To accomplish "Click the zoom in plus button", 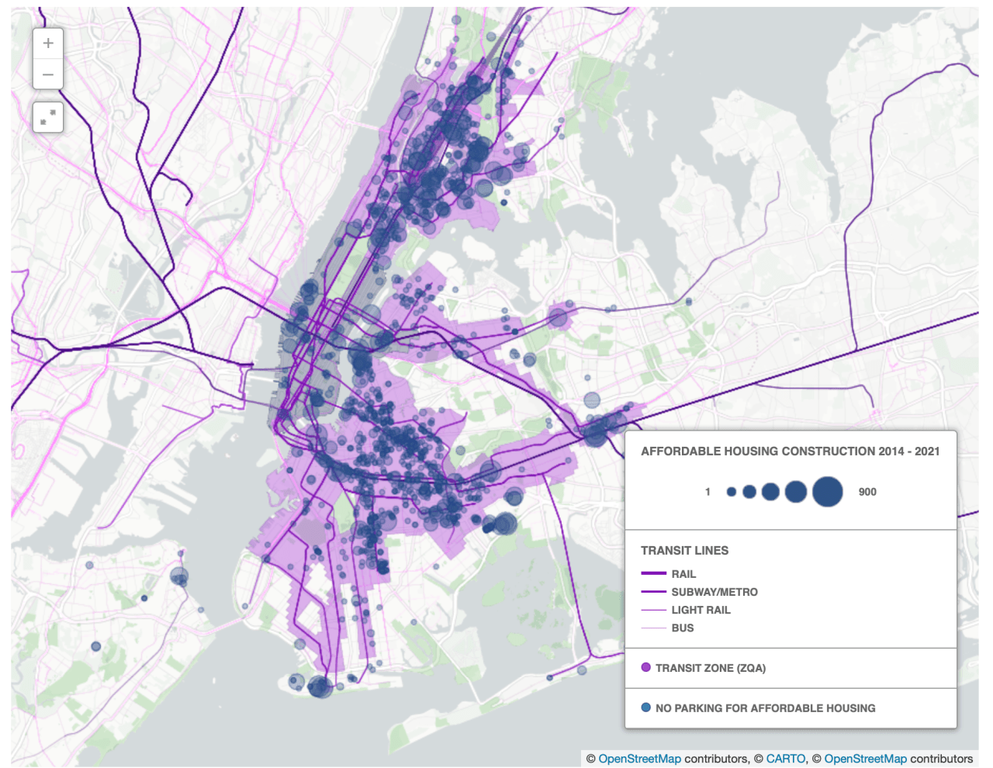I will coord(48,43).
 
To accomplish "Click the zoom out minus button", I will coord(48,74).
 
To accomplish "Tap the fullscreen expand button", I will coord(48,117).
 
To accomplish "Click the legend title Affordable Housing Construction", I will coord(790,451).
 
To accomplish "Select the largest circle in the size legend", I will coord(828,492).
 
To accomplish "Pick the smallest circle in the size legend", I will coord(731,492).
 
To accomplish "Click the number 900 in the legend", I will coord(867,492).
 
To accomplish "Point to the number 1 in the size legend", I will coord(708,492).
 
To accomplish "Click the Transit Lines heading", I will coord(684,551).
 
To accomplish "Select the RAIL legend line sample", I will coord(654,574).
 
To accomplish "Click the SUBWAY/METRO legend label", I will coord(714,592).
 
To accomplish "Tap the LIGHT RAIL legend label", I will coord(701,611).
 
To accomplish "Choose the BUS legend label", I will coord(683,628).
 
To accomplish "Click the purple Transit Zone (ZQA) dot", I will coord(646,667).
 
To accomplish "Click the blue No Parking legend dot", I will coord(646,707).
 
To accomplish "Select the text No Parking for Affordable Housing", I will coord(765,708).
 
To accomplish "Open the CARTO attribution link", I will coord(786,759).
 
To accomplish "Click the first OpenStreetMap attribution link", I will coord(639,759).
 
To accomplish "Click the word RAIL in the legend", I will coord(683,574).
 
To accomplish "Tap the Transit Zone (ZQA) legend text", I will coord(710,668).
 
